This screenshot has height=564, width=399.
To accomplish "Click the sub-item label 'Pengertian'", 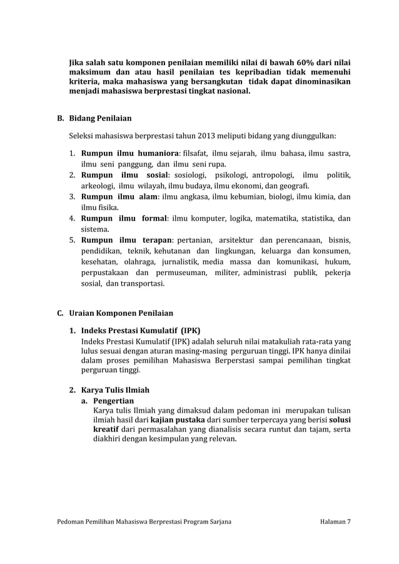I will click(113, 401).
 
